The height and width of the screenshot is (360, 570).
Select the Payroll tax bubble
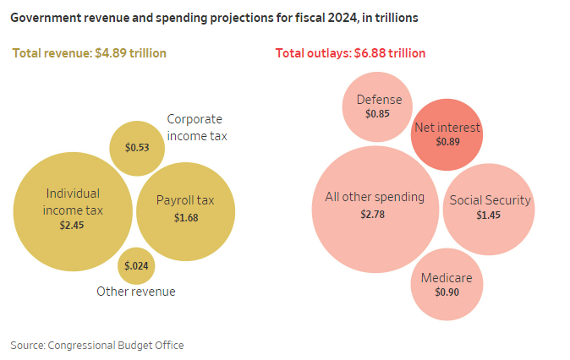coord(185,211)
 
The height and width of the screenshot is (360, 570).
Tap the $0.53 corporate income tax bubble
coord(137,148)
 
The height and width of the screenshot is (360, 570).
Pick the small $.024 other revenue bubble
coord(136,265)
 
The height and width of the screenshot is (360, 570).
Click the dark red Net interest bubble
coord(447,134)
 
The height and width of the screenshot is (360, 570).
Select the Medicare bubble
coord(447,285)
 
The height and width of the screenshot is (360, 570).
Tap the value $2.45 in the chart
coord(73,226)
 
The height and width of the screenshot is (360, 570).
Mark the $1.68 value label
coord(186,218)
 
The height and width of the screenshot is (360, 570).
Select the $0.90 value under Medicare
coord(447,292)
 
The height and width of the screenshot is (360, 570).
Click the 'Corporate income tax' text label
coord(196,127)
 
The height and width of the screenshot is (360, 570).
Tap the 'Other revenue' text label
coord(136,292)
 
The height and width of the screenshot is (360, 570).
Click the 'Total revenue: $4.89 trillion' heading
coord(89,53)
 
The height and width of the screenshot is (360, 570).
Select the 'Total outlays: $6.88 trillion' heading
coord(350,53)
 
